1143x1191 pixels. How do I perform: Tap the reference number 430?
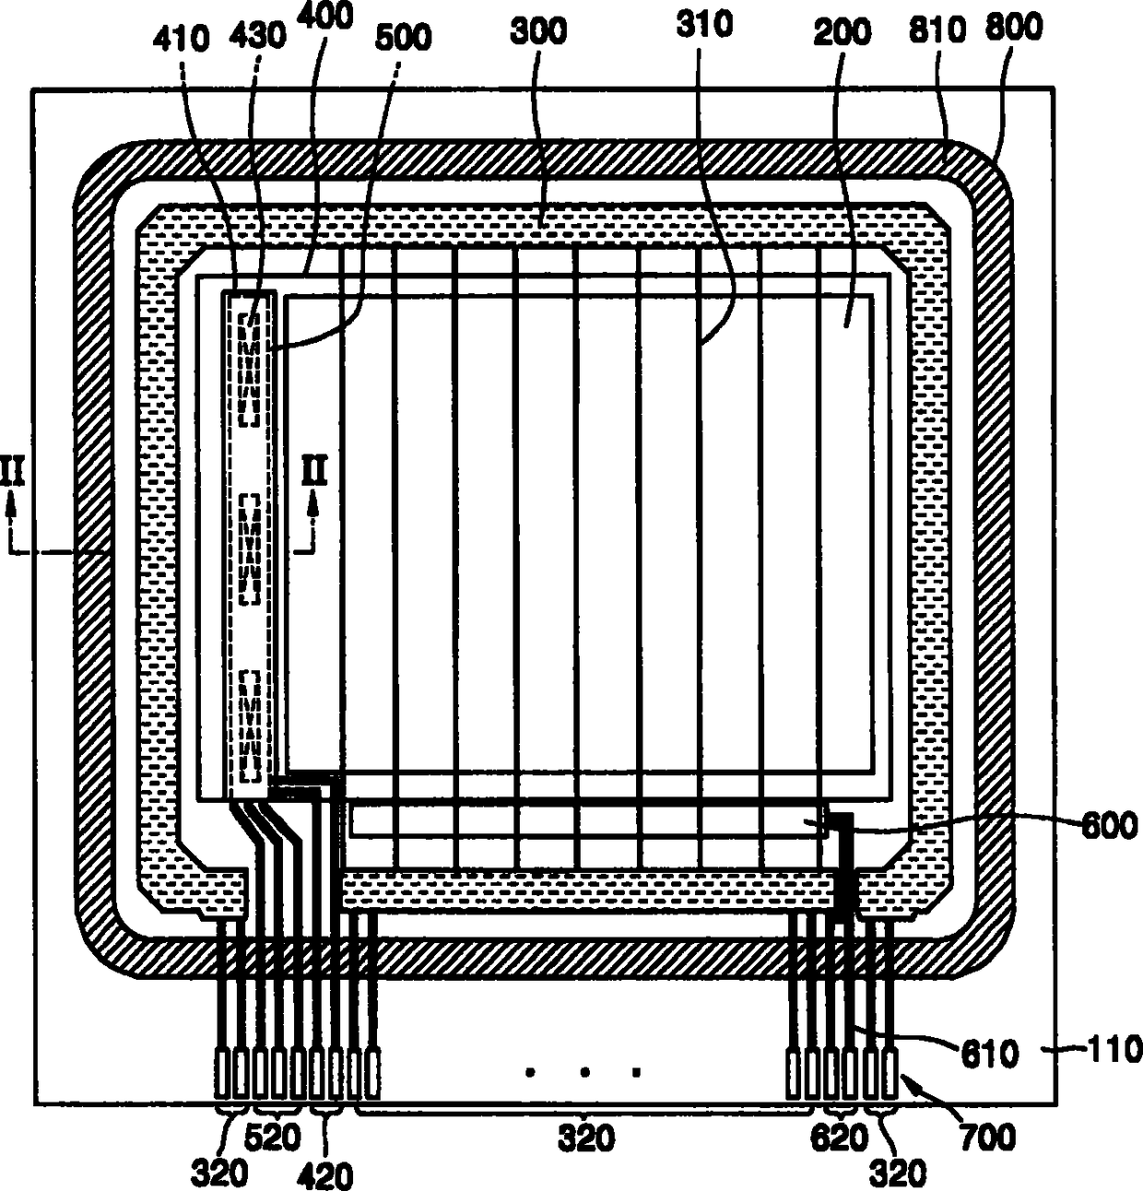point(257,36)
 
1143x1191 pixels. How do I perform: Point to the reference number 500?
point(404,38)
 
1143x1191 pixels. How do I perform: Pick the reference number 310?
point(704,24)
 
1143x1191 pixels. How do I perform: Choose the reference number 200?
point(842,32)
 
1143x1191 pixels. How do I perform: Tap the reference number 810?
point(937,29)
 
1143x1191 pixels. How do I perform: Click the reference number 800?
point(1013,26)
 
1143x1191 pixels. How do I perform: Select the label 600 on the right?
point(1109,825)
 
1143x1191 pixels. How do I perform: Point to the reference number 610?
point(989,1053)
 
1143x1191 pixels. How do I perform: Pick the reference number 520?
point(274,1138)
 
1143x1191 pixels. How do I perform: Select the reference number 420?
point(325,1174)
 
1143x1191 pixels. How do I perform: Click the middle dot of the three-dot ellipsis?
point(583,1072)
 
